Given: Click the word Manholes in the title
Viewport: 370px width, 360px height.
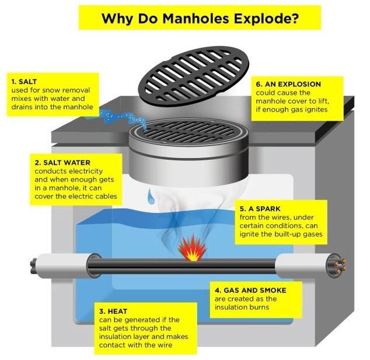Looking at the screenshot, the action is point(196,18).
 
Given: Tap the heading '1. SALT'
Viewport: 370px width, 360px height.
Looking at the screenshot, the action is point(24,82).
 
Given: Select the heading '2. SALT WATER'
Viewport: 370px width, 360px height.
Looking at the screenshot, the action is point(62,163).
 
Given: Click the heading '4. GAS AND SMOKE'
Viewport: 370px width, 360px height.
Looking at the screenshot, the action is point(250,290).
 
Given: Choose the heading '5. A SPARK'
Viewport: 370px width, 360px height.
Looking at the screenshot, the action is point(260,209).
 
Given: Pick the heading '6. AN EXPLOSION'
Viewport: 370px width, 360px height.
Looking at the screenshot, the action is point(288,84).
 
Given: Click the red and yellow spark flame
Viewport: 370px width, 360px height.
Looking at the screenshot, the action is point(192,248).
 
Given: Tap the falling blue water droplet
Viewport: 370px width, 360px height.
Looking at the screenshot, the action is point(151,196).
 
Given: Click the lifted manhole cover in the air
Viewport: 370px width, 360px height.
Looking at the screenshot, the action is point(194,76).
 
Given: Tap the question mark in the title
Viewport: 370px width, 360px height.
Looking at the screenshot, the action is point(294,18).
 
